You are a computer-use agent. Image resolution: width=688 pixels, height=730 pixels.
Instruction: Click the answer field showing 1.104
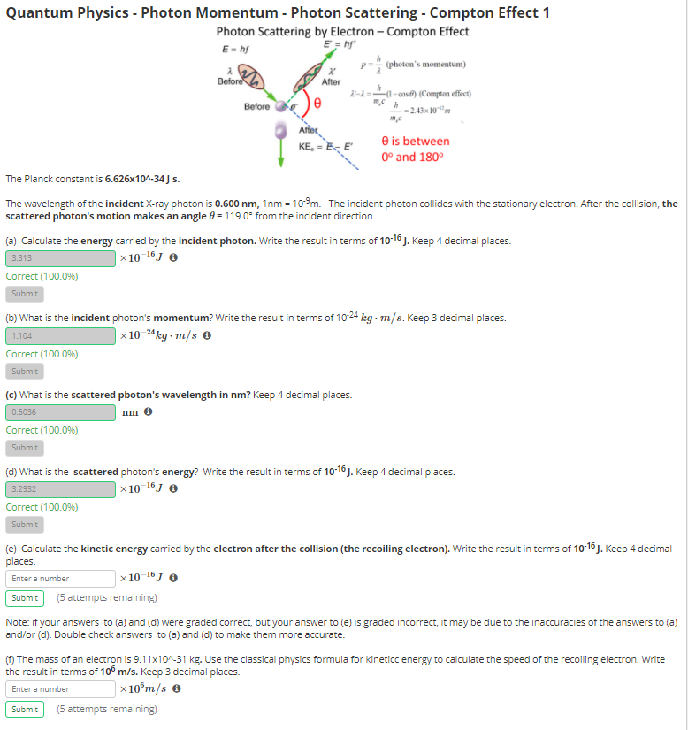(60, 336)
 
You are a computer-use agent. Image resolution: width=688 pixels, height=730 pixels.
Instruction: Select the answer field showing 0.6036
(60, 412)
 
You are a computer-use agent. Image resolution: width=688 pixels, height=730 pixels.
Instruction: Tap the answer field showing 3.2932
(60, 489)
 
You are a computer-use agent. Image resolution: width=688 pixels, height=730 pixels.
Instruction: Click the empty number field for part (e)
(60, 579)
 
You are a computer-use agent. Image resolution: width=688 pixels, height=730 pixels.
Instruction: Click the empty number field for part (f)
(60, 689)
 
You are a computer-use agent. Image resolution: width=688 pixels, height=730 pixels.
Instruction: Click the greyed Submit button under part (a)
(25, 294)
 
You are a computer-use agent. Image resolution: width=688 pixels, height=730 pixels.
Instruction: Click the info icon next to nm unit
(149, 412)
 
